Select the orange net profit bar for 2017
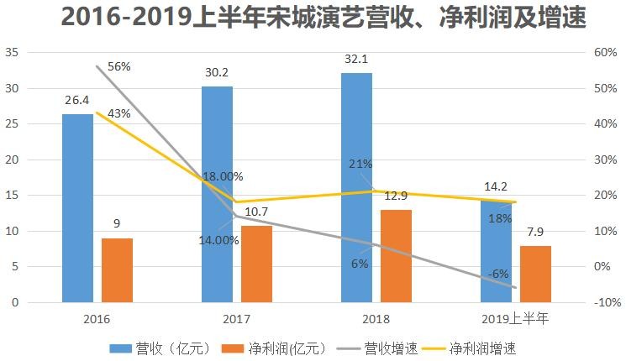(257, 264)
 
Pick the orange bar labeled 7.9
(535, 274)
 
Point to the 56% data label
(119, 66)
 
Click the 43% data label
(119, 113)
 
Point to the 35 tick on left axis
(12, 52)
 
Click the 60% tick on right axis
(605, 52)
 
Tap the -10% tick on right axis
(607, 302)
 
